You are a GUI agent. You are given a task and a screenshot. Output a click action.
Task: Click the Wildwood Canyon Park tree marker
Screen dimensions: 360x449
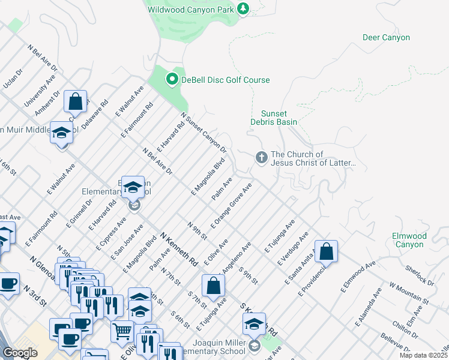coord(243,9)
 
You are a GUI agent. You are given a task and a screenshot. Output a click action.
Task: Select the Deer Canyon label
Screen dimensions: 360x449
coord(386,38)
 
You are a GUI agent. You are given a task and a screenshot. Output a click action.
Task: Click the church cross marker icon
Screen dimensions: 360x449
coord(261,158)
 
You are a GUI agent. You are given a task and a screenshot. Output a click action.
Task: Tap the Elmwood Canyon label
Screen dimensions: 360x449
coord(409,240)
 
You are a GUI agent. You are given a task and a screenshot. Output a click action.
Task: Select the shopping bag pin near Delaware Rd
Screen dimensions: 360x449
coord(76,101)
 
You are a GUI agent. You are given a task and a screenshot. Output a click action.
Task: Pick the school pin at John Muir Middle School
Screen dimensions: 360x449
coord(61,133)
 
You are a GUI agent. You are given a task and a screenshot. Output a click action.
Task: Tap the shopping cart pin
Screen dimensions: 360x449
coord(122,331)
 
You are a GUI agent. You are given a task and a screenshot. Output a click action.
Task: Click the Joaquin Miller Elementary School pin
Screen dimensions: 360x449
coord(255,325)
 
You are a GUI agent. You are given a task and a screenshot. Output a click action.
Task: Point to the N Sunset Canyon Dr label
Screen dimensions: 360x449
coord(203,133)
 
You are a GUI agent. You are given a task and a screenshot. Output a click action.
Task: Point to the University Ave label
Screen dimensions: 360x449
coord(40,91)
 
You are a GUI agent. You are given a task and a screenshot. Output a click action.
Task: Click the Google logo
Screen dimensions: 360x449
coord(20,353)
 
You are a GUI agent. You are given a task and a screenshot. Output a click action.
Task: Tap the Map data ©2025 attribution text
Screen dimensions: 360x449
coord(423,355)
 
